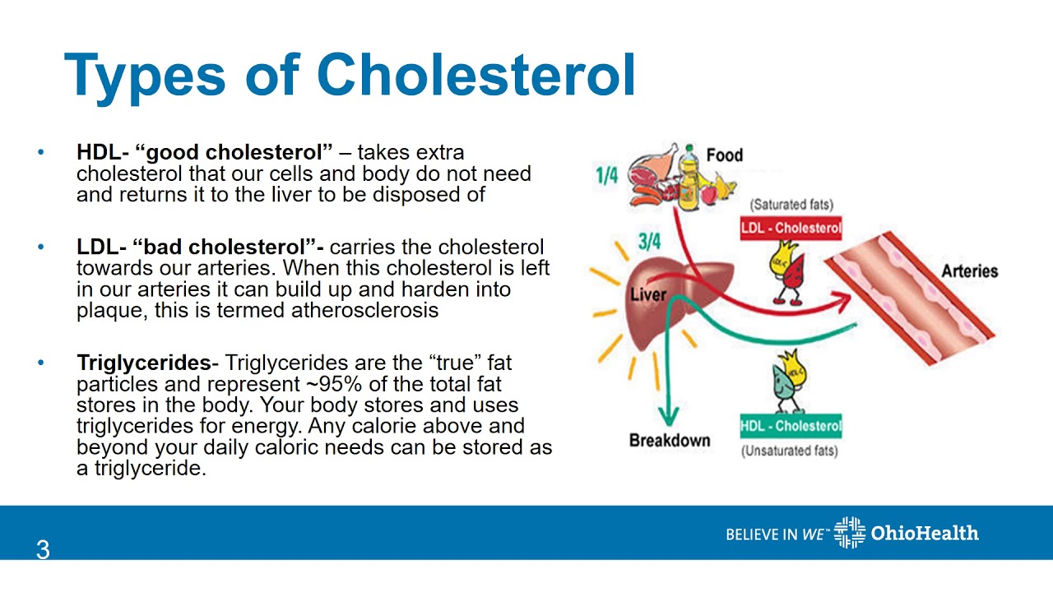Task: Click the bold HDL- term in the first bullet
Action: click(x=103, y=153)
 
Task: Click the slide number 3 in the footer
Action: click(x=43, y=550)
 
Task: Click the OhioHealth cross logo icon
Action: click(x=849, y=533)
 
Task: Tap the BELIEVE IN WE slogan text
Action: click(x=777, y=534)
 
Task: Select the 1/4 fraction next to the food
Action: click(x=606, y=175)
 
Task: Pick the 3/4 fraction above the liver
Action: click(x=649, y=242)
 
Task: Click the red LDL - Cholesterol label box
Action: click(x=791, y=229)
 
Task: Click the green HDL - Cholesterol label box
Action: click(x=791, y=426)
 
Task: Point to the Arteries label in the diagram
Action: click(x=969, y=271)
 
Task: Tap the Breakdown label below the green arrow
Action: click(x=669, y=441)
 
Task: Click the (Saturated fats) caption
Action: click(x=791, y=205)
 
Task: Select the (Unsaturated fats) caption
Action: click(x=790, y=451)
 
